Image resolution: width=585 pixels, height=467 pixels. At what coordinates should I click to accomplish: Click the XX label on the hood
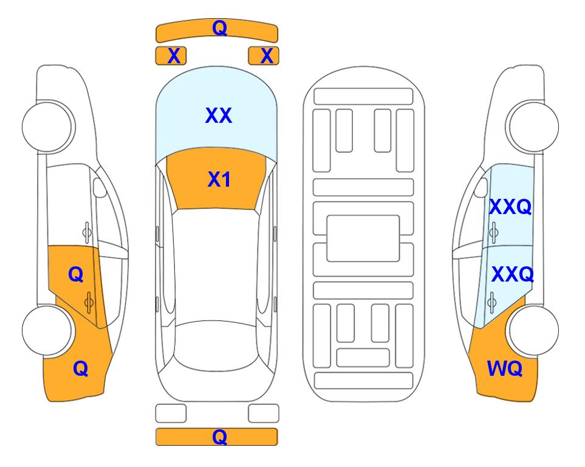pos(219,116)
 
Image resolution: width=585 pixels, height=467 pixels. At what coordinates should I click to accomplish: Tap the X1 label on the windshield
pos(219,179)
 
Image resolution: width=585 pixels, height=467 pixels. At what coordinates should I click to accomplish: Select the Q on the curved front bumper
pos(219,27)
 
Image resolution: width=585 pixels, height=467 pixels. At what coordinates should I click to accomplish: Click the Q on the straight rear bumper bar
pos(219,437)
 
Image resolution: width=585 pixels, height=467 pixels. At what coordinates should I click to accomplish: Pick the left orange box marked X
pos(171,56)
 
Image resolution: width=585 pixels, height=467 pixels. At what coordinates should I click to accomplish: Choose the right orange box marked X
pos(264,56)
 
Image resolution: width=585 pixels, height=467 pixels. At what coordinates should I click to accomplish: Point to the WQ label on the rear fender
pos(504,368)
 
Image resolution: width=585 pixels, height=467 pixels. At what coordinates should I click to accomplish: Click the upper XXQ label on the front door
pos(510,207)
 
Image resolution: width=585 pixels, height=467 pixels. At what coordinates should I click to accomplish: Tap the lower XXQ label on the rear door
pos(512,274)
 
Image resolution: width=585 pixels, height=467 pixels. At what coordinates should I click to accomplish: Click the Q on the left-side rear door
pos(76,274)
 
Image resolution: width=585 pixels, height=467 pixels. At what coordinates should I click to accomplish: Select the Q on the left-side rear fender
pos(81,368)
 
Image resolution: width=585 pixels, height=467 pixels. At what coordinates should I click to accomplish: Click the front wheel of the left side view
pos(47,126)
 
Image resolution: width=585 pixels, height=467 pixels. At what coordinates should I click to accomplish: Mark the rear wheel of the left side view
pos(47,330)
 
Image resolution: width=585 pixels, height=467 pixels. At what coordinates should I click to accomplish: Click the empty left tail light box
pos(171,413)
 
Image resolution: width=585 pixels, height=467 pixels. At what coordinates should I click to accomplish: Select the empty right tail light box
pos(264,413)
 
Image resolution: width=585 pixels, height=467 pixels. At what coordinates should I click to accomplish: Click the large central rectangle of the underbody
pos(363,238)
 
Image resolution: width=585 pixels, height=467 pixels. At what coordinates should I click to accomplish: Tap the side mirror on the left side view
pos(99,187)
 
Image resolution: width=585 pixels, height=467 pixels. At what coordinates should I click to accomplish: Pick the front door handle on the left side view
pos(87,232)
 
